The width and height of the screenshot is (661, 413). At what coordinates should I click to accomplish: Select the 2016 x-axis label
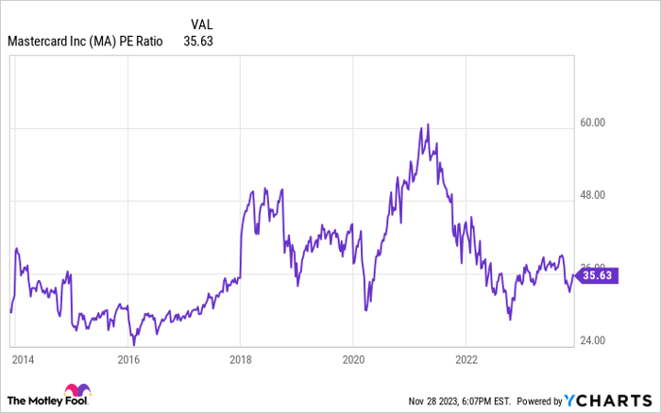[x=128, y=359]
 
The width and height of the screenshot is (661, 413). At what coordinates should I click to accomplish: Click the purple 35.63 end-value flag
[x=598, y=275]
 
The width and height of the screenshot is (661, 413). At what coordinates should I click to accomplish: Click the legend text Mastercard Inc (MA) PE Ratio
[x=85, y=41]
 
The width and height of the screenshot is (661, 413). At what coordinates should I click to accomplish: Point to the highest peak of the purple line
[x=428, y=124]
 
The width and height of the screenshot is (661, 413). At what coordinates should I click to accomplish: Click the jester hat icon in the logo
[x=75, y=392]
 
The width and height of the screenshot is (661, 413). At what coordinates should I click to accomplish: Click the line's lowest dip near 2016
[x=134, y=345]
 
